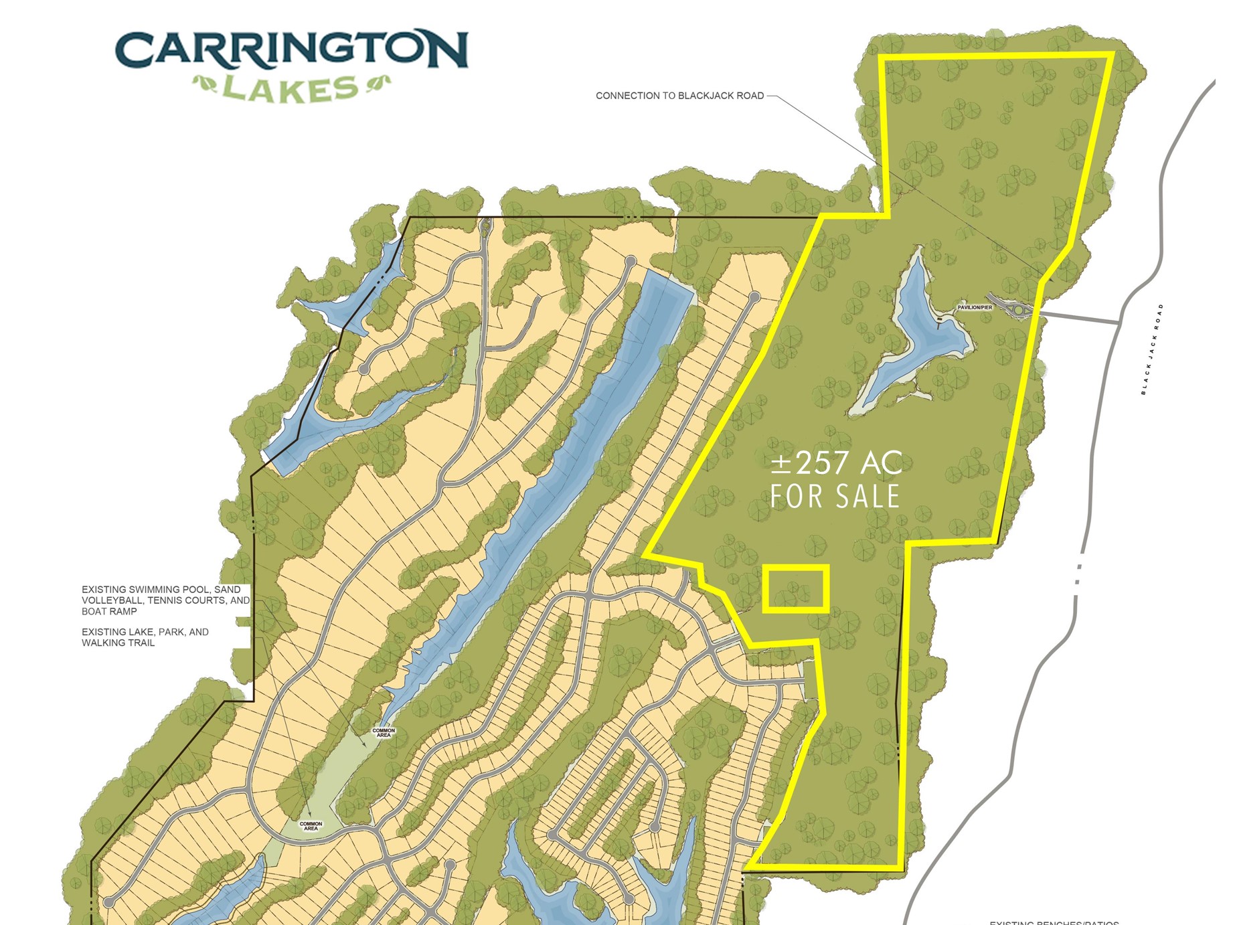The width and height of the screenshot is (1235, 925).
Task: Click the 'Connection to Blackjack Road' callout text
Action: point(679,96)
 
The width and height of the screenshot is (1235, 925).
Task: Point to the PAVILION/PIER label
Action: point(975,307)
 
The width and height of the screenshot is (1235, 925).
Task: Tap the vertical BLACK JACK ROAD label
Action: point(1152,349)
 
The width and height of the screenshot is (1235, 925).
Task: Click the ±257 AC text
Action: point(836,462)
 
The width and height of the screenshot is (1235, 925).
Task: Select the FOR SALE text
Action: point(835,497)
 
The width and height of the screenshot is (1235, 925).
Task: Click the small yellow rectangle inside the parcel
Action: point(796,588)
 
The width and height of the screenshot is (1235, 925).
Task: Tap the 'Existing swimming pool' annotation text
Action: point(165,600)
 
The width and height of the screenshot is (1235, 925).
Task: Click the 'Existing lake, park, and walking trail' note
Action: point(145,637)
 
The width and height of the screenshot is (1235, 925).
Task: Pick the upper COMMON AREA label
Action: point(384,733)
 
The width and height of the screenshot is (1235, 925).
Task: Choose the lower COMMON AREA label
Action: point(311,826)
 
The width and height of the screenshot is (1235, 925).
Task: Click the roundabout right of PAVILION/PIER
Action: point(1019,310)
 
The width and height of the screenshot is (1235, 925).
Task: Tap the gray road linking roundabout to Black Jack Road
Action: point(1078,318)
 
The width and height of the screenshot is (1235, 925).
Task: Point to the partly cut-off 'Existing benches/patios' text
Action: point(1054,922)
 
